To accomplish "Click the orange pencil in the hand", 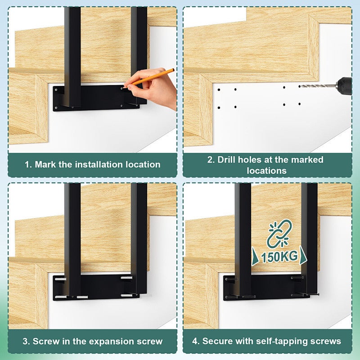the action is pyautogui.click(x=148, y=78).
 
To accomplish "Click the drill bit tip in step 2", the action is pyautogui.click(x=300, y=86).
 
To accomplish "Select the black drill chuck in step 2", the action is pyautogui.click(x=344, y=86).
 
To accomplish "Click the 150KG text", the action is pyautogui.click(x=279, y=257).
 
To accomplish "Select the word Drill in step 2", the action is pyautogui.click(x=226, y=160).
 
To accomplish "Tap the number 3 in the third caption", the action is pyautogui.click(x=26, y=341).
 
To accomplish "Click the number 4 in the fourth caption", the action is pyautogui.click(x=196, y=341).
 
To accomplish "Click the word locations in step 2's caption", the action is pyautogui.click(x=266, y=171).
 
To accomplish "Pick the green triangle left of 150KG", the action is pyautogui.click(x=255, y=256).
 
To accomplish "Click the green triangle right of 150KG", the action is pyautogui.click(x=303, y=255).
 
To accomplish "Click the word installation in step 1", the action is pyautogui.click(x=99, y=164).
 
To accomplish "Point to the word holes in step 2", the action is pyautogui.click(x=249, y=160).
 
